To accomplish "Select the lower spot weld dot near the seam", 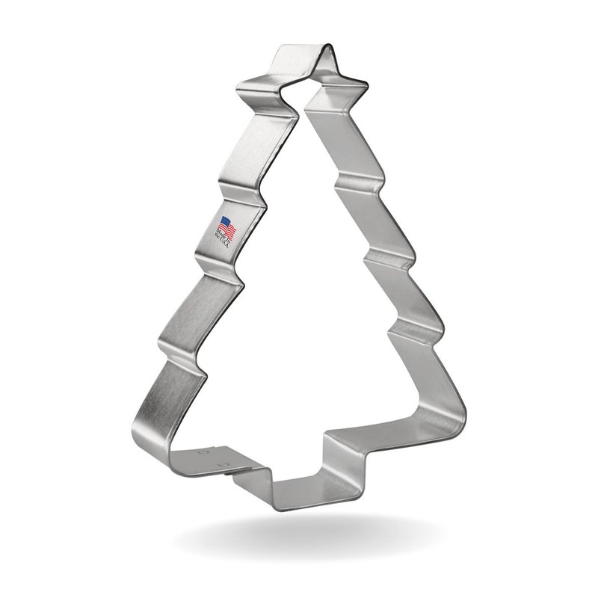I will click(220, 466).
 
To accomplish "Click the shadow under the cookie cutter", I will click(314, 538).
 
